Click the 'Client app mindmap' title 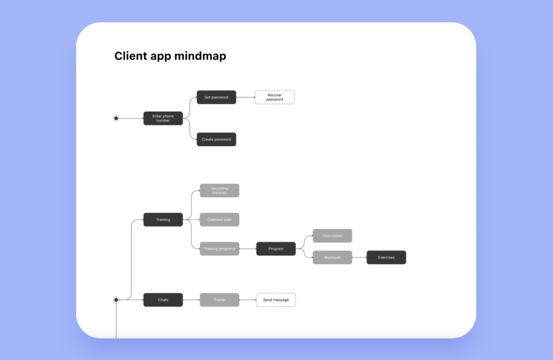pyautogui.click(x=170, y=56)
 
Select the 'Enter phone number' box pyautogui.click(x=163, y=118)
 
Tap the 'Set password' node pyautogui.click(x=216, y=97)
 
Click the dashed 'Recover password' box pyautogui.click(x=274, y=97)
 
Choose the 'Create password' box pyautogui.click(x=216, y=139)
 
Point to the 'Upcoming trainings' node pyautogui.click(x=219, y=191)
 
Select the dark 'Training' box pyautogui.click(x=163, y=220)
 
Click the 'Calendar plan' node pyautogui.click(x=219, y=220)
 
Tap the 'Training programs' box pyautogui.click(x=219, y=249)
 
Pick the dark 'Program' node pyautogui.click(x=275, y=249)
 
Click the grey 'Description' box pyautogui.click(x=332, y=236)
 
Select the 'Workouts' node pyautogui.click(x=332, y=257)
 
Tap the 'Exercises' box pyautogui.click(x=386, y=257)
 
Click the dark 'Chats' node pyautogui.click(x=163, y=300)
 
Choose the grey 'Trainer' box pyautogui.click(x=219, y=300)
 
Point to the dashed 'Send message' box pyautogui.click(x=275, y=300)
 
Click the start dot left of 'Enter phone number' pyautogui.click(x=116, y=118)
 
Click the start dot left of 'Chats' pyautogui.click(x=116, y=300)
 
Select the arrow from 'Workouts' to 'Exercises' pyautogui.click(x=359, y=257)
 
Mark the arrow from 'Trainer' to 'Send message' pyautogui.click(x=247, y=300)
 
